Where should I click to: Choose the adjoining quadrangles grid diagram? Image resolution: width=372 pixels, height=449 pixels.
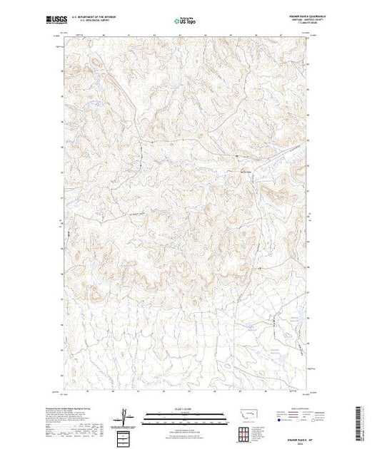[247, 427]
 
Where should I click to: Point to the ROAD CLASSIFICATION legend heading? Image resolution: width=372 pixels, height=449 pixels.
[293, 406]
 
